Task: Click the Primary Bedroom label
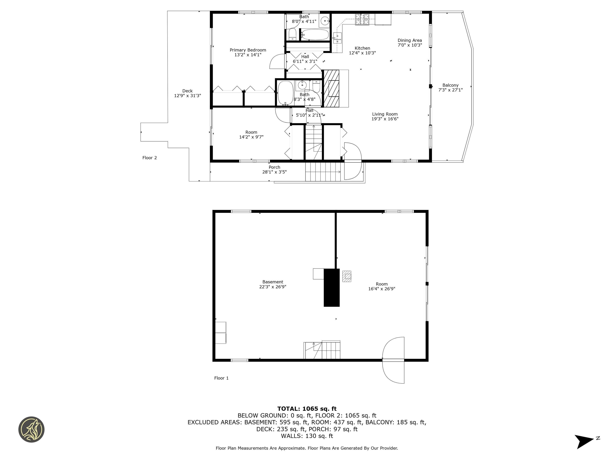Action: point(248,50)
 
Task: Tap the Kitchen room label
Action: point(362,48)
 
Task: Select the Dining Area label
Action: point(410,40)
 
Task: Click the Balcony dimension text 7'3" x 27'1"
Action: point(451,90)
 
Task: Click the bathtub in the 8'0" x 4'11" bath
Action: point(315,35)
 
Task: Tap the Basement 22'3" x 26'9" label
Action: point(273,284)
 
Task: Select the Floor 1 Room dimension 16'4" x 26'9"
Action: point(382,289)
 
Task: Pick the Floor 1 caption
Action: point(221,378)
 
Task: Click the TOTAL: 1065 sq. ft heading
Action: point(307,409)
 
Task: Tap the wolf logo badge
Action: point(31,429)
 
